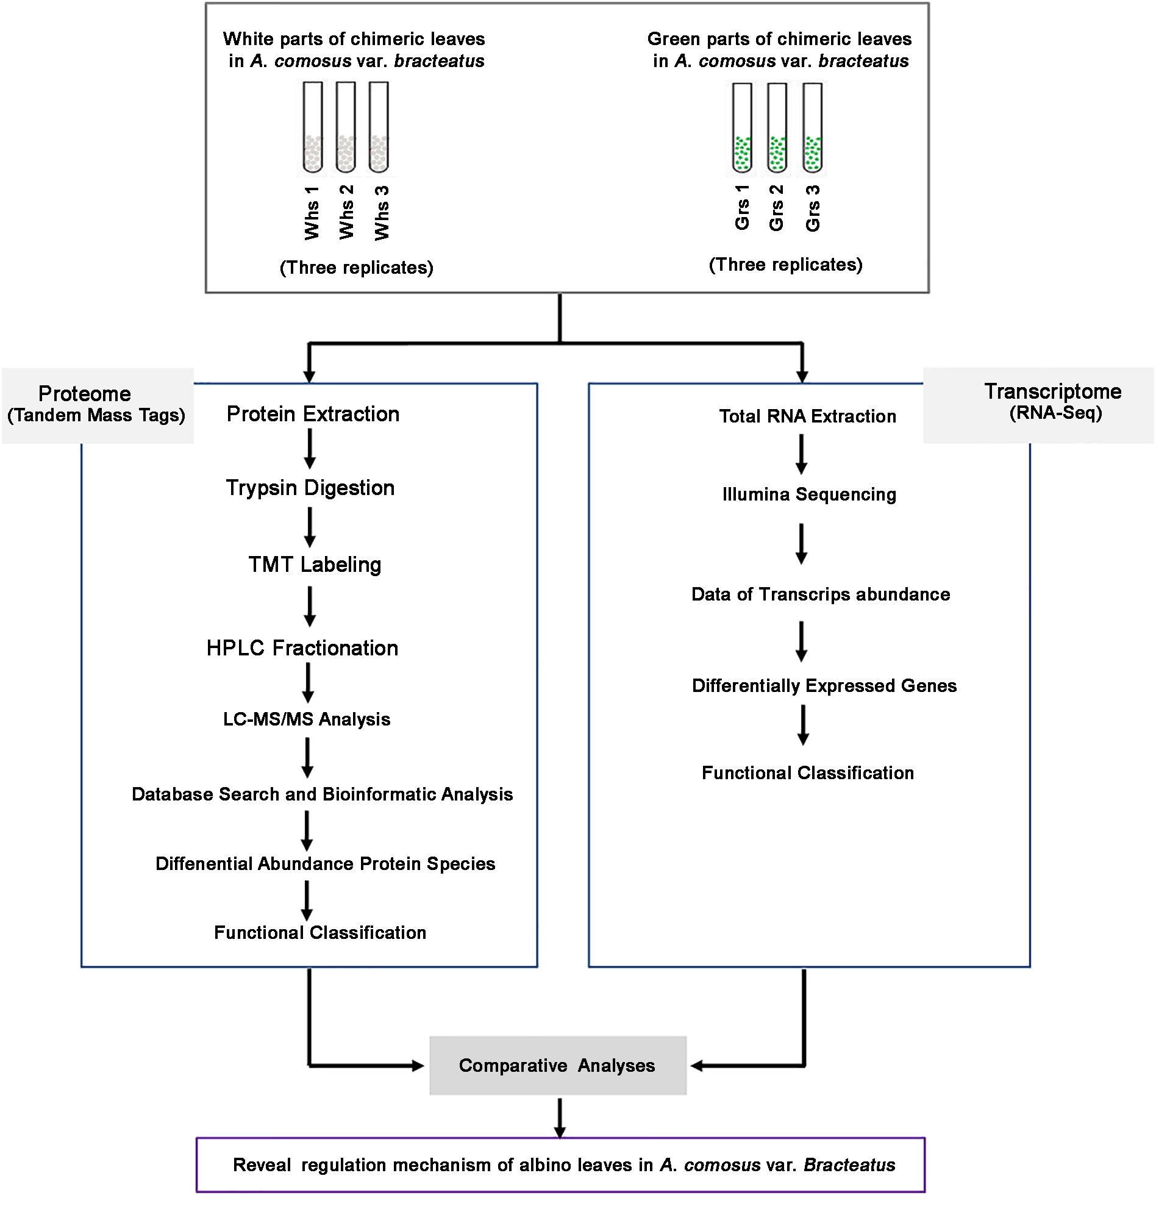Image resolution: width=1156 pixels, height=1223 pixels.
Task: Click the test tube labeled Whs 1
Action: click(x=312, y=127)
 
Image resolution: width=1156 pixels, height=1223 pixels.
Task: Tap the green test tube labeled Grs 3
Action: click(x=812, y=128)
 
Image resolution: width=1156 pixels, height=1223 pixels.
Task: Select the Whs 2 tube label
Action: click(x=346, y=212)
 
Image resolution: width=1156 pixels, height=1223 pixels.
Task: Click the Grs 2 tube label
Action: click(x=776, y=209)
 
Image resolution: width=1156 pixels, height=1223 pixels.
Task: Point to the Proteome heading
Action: click(x=84, y=394)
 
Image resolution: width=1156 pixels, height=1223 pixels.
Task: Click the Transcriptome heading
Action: click(x=1052, y=391)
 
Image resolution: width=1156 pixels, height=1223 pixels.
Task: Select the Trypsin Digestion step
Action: click(x=310, y=488)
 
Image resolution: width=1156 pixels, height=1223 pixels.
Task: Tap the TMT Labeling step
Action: click(x=314, y=565)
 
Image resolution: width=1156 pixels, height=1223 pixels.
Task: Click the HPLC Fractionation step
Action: click(x=302, y=648)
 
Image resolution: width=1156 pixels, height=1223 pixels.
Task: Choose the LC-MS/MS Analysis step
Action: click(x=306, y=719)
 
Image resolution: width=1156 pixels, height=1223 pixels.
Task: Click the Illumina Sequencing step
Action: click(x=809, y=494)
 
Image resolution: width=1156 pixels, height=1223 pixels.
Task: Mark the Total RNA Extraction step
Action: click(x=807, y=416)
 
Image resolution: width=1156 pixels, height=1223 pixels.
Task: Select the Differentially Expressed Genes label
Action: click(x=824, y=686)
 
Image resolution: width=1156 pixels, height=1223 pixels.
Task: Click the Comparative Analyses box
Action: click(x=557, y=1066)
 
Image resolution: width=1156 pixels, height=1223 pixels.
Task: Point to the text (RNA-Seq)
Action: click(x=1055, y=413)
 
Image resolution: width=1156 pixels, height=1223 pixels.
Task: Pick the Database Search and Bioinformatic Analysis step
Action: click(x=323, y=795)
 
